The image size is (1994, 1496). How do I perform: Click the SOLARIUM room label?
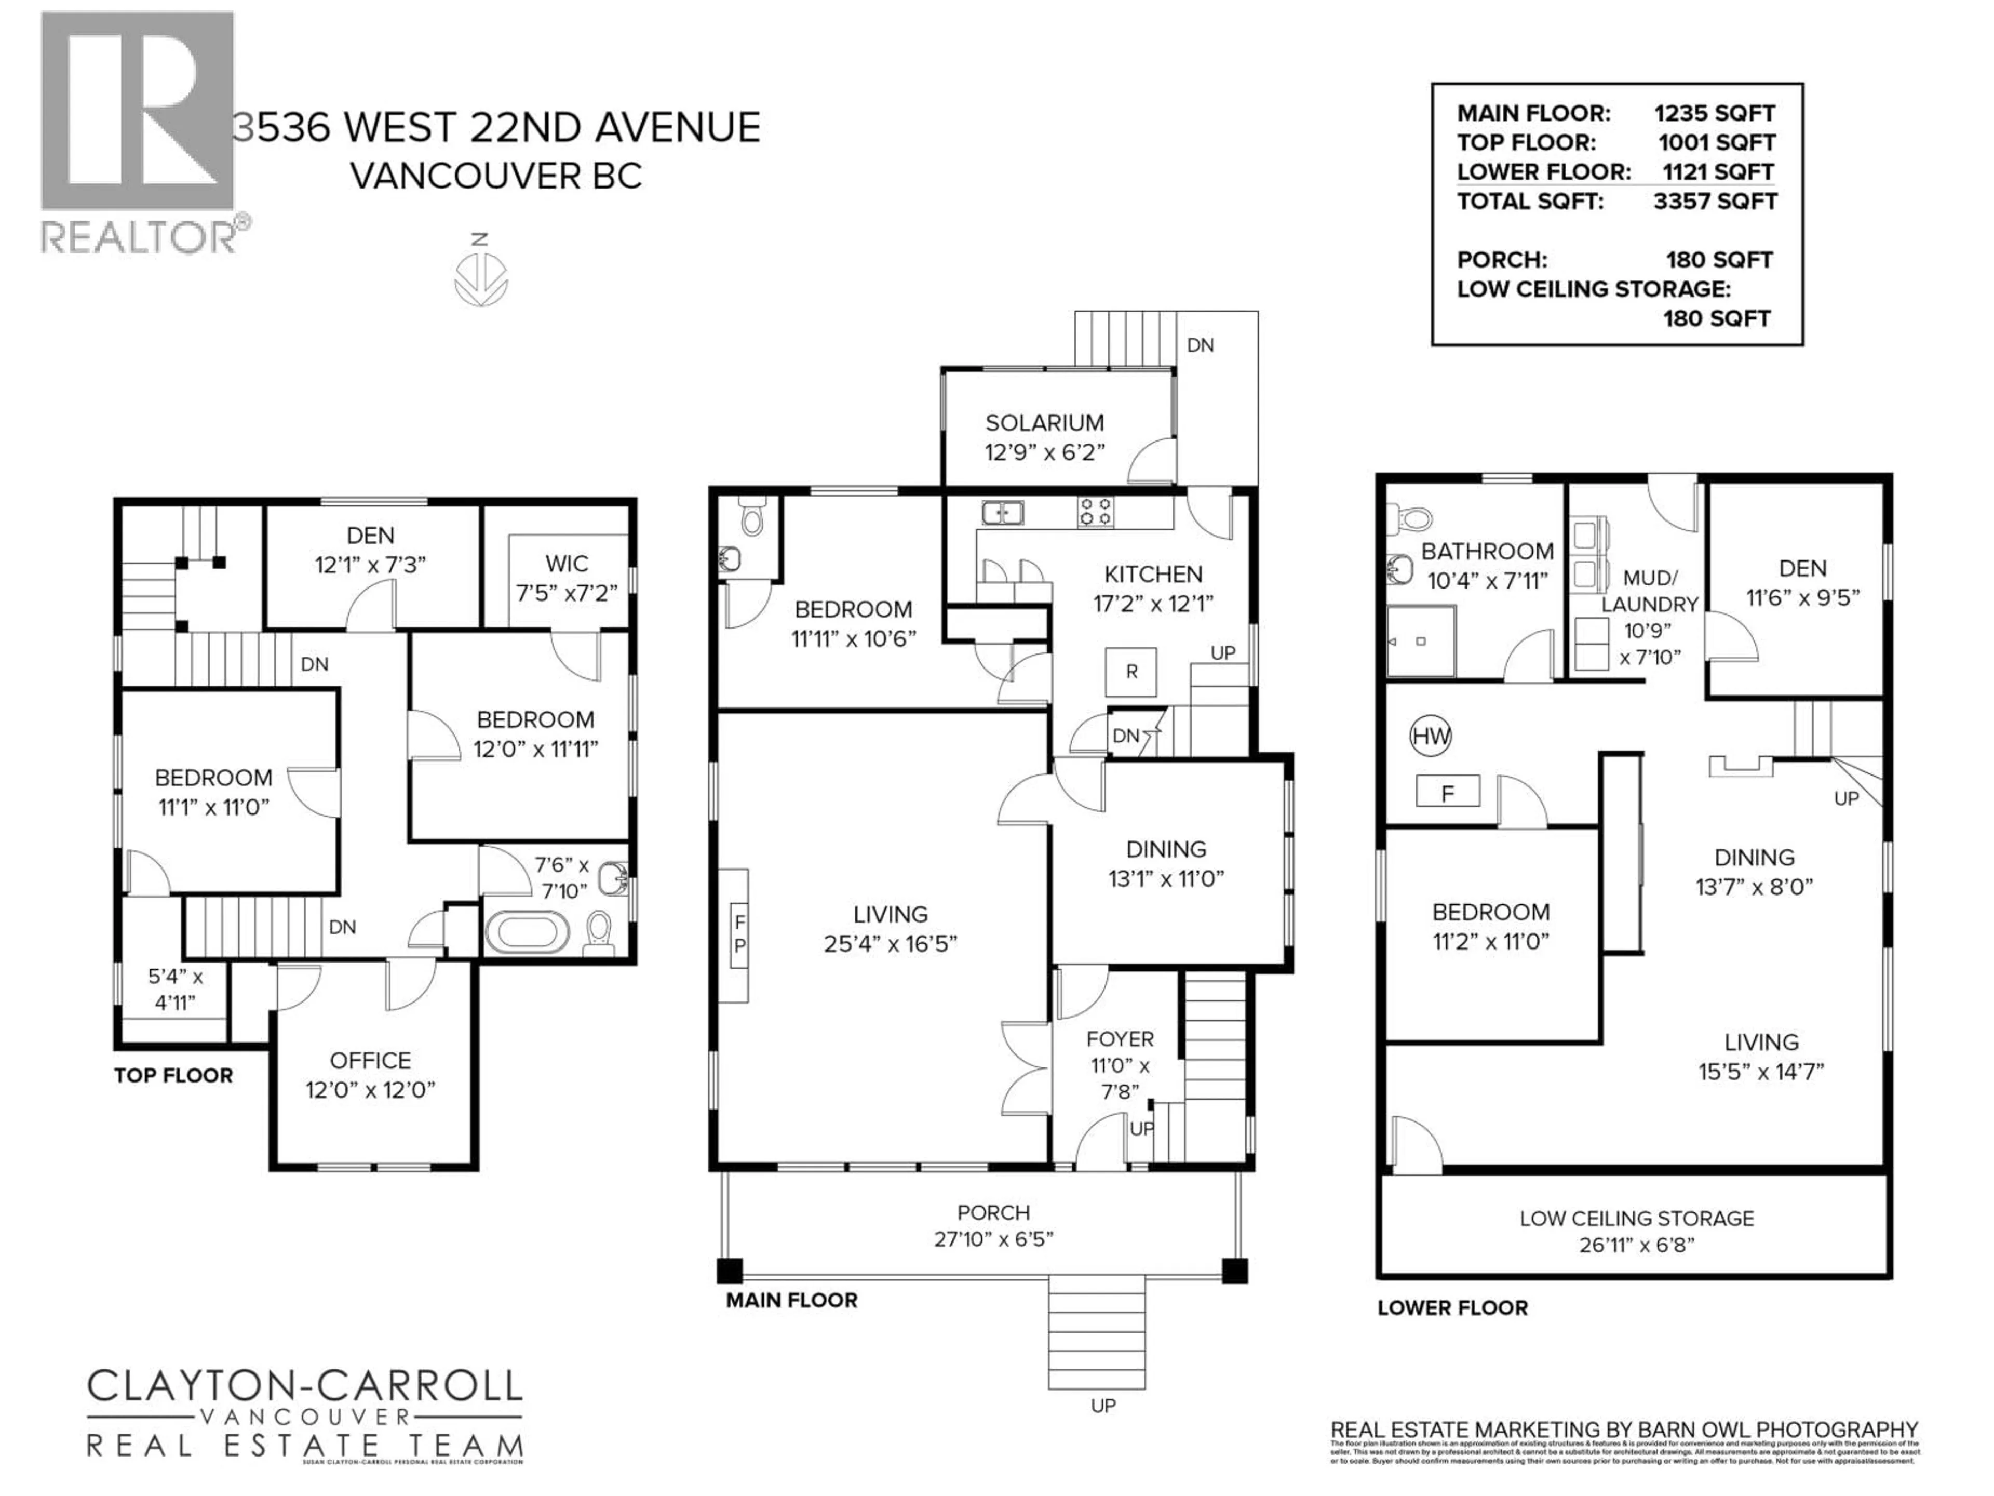point(1044,423)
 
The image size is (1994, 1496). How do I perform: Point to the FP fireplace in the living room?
point(738,934)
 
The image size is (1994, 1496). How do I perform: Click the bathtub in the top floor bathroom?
point(528,932)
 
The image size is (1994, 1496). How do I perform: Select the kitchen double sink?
point(1002,512)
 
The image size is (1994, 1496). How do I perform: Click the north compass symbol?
point(480,278)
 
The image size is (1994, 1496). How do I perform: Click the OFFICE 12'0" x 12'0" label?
point(370,1075)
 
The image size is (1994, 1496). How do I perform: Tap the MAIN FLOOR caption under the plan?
point(791,1300)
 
